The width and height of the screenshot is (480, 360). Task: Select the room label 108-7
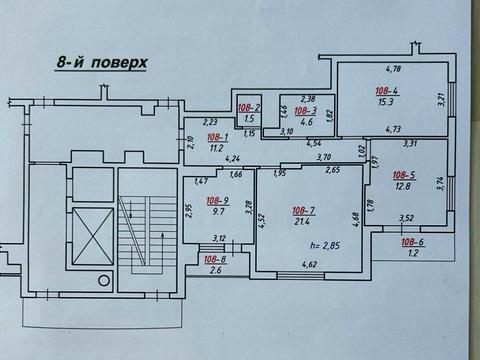(304, 210)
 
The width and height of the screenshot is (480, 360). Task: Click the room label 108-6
(413, 242)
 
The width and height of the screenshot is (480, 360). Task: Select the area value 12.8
(404, 186)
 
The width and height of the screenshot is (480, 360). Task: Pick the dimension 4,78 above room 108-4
(393, 68)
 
